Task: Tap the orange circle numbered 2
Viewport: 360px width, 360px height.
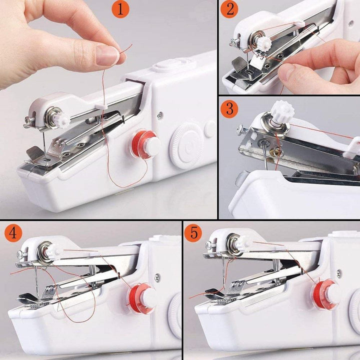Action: [229, 9]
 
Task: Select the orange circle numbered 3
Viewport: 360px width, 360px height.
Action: [229, 108]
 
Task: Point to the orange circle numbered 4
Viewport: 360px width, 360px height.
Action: [14, 233]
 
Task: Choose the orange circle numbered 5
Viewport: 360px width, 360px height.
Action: [193, 233]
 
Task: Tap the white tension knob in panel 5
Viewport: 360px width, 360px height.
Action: [244, 242]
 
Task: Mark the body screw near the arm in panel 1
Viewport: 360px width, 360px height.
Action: [159, 115]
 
